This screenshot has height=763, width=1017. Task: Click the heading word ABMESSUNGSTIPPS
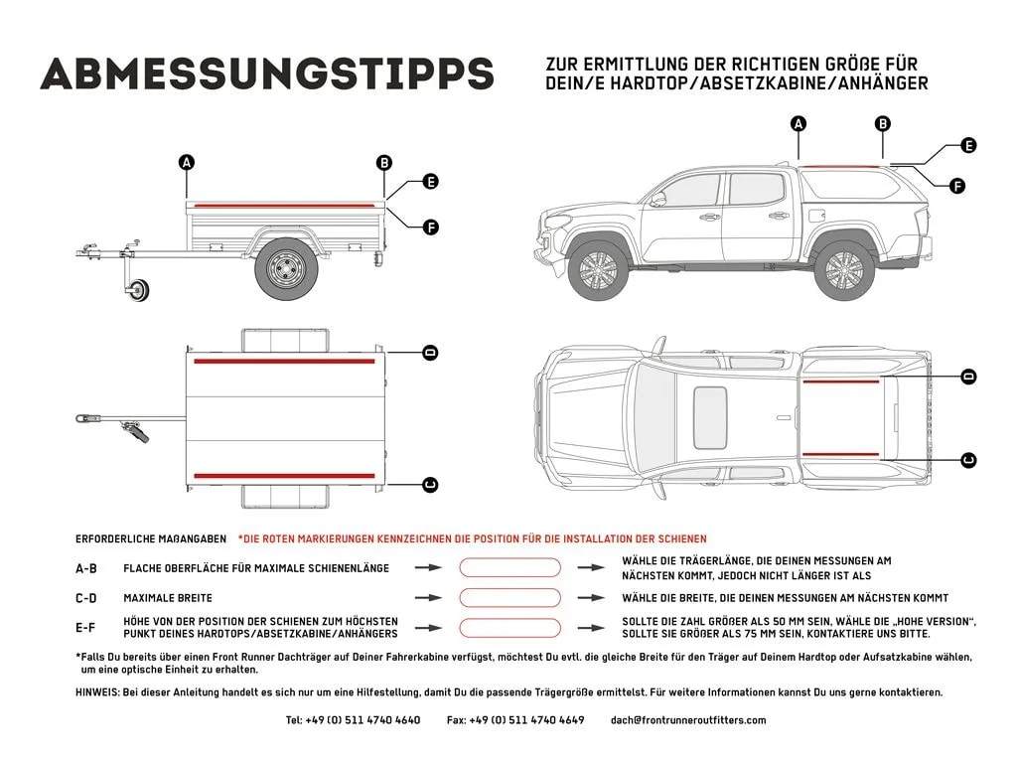tap(266, 73)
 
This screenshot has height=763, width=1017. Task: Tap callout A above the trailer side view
tap(187, 162)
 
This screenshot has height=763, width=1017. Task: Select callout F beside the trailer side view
tap(430, 228)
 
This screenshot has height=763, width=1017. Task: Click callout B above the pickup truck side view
tap(882, 123)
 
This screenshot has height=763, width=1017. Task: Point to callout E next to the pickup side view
tap(968, 145)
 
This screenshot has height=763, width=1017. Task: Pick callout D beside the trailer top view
tap(430, 353)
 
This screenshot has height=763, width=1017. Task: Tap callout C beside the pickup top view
tap(968, 459)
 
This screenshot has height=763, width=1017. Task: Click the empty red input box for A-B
tap(510, 567)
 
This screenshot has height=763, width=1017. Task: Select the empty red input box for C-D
tap(510, 598)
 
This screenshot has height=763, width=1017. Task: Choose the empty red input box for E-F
tap(510, 627)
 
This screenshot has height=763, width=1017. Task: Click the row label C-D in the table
tap(86, 598)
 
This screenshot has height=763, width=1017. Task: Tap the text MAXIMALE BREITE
tap(168, 598)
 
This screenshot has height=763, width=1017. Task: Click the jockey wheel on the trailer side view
tap(138, 290)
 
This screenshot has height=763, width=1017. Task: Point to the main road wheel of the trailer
tap(286, 269)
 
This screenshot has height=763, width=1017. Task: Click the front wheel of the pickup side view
tap(598, 269)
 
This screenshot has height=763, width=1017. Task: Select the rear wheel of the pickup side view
tap(845, 269)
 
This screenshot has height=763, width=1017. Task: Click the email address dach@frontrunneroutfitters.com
tap(688, 720)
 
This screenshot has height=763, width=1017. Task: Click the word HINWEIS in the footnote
tap(96, 692)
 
